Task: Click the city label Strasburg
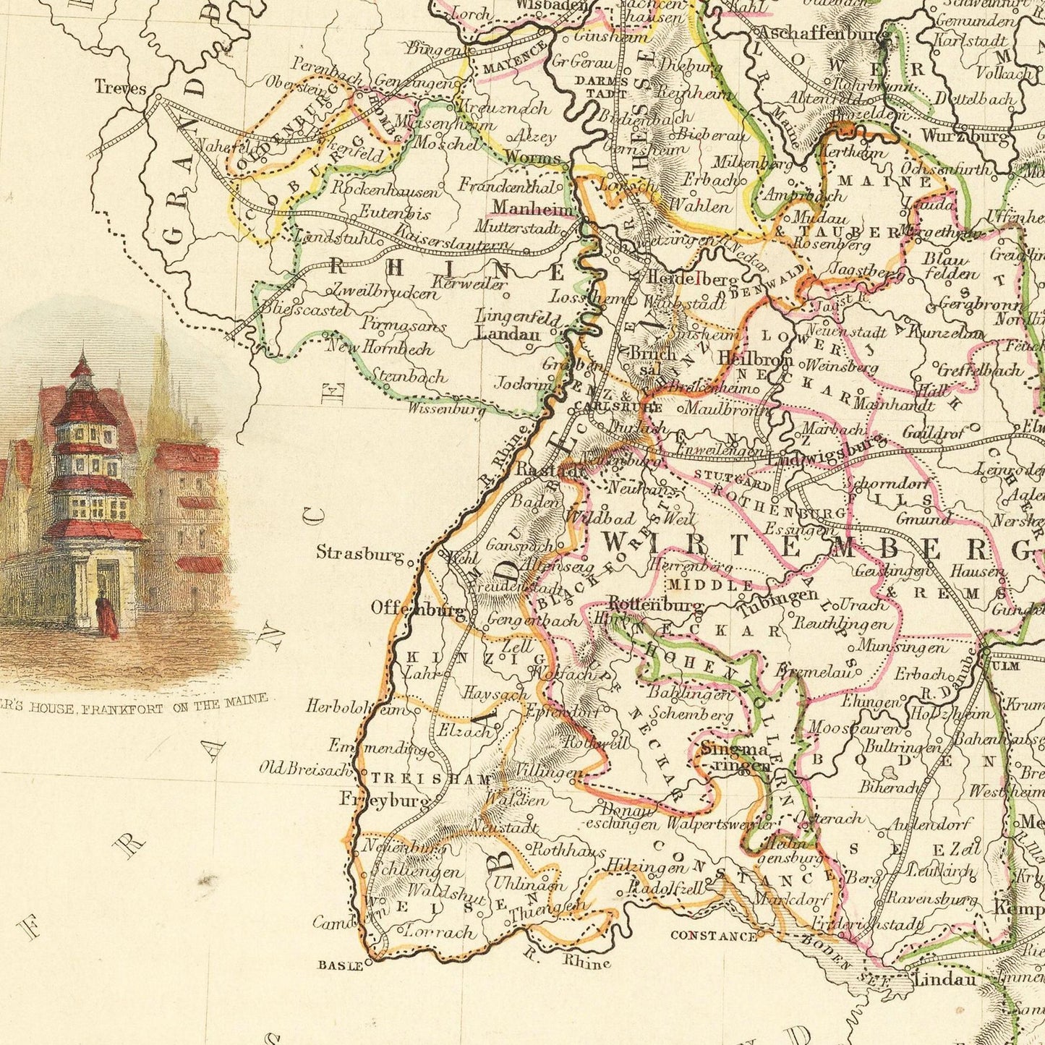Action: (x=360, y=553)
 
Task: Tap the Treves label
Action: (x=120, y=88)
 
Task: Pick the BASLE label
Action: (x=341, y=965)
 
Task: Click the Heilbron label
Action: (x=755, y=359)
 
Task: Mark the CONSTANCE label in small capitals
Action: (x=713, y=936)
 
